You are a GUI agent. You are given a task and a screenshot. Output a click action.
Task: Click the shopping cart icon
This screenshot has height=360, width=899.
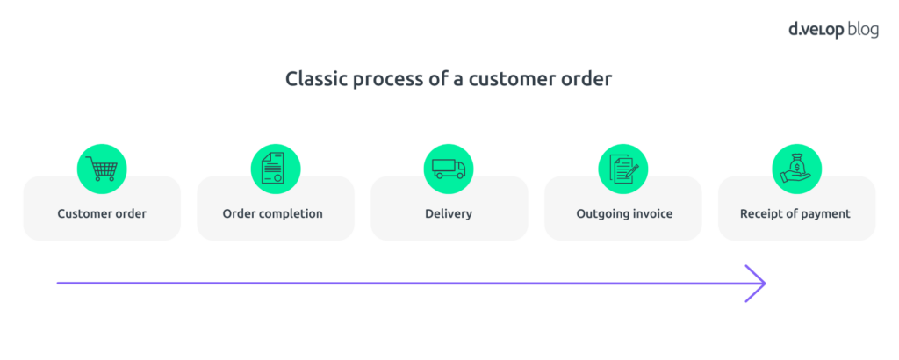click(x=102, y=168)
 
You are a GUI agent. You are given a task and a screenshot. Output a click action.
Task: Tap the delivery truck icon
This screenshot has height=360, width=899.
click(x=449, y=168)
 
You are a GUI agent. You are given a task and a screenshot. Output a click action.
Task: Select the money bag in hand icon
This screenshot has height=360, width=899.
click(x=796, y=168)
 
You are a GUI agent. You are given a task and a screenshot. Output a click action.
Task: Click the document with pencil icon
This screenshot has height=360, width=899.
click(x=622, y=168)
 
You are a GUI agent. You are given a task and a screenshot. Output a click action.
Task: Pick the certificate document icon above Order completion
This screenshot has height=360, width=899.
click(x=275, y=168)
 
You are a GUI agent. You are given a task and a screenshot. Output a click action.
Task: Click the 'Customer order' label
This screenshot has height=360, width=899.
click(x=102, y=213)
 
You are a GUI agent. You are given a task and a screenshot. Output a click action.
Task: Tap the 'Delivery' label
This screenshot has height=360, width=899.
click(x=449, y=213)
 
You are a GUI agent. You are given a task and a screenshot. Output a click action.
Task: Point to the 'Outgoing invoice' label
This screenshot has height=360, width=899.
click(x=622, y=213)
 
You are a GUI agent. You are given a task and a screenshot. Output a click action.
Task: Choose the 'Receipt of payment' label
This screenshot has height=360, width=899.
click(x=795, y=213)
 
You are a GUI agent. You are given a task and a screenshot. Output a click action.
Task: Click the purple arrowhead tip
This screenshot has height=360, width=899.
click(x=764, y=284)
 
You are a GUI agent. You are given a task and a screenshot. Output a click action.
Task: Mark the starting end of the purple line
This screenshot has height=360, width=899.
click(x=59, y=284)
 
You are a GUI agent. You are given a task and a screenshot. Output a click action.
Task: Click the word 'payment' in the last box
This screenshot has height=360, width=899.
click(x=824, y=213)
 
